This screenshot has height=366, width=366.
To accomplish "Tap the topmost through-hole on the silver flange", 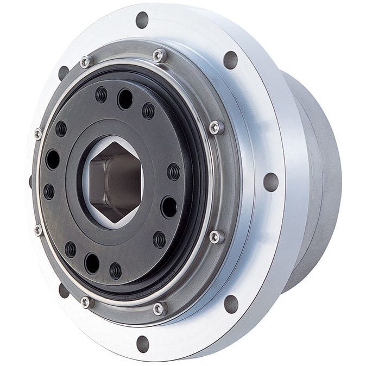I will click(142, 20).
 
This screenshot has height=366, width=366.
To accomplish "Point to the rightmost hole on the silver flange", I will click(270, 182).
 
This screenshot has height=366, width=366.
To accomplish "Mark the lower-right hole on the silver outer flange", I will click(231, 304).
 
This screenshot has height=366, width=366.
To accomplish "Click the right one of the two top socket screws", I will click(159, 55).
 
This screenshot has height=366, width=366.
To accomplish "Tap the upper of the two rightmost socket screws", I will click(216, 128).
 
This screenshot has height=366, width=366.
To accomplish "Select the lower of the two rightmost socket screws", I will click(216, 237).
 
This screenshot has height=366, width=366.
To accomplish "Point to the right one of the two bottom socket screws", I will click(159, 309).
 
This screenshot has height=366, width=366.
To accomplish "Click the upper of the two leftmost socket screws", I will click(38, 134).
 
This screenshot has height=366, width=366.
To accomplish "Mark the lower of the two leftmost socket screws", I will click(38, 230).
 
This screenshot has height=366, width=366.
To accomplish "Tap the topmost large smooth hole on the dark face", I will click(125, 99).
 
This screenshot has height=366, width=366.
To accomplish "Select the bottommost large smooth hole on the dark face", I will click(92, 263).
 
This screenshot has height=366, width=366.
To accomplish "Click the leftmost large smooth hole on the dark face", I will click(53, 160).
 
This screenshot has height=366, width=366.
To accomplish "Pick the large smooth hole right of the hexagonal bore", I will click(169, 207).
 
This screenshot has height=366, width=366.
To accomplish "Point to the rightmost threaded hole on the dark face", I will click(174, 172).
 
